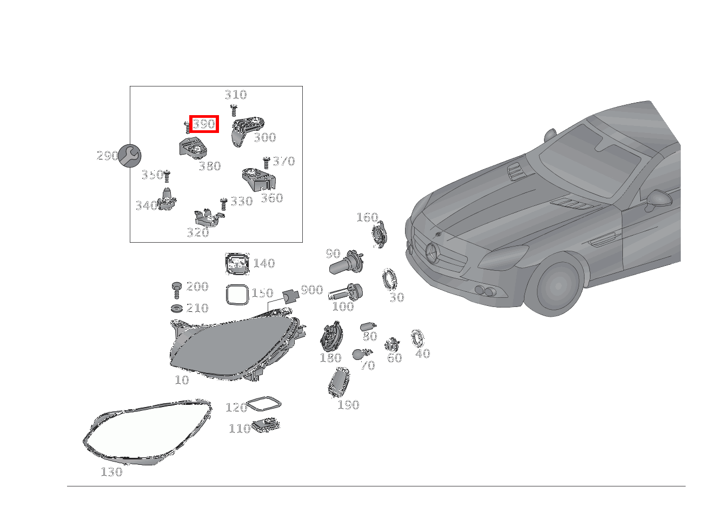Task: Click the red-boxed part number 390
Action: tap(204, 124)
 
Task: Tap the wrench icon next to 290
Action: tap(129, 156)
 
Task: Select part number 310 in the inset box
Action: tap(236, 95)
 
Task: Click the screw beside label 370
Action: tap(266, 163)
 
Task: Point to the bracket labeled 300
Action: tap(247, 131)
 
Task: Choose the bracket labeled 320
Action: tap(208, 217)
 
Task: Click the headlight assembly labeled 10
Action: tap(237, 347)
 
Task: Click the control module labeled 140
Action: tap(237, 264)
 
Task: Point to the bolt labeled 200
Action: tap(176, 290)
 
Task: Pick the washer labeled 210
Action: tap(176, 309)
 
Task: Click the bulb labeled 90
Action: tap(346, 262)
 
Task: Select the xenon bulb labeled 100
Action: tap(346, 292)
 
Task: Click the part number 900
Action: tap(312, 290)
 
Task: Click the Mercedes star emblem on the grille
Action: tap(432, 253)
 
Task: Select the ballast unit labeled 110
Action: tap(265, 425)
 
